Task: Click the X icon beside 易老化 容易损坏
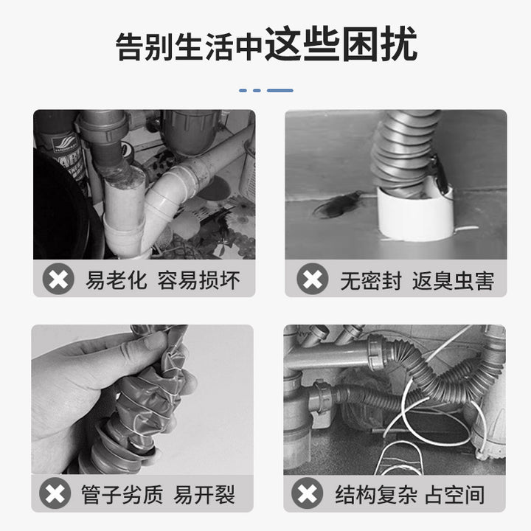coord(58,279)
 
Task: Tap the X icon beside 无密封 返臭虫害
coord(312,279)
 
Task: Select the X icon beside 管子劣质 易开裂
coord(55,493)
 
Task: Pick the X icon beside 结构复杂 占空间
coord(307,493)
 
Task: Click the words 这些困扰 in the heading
coord(341,44)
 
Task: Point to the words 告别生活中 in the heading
coord(190,46)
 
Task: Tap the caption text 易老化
coord(117,280)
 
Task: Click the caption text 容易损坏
coord(199,280)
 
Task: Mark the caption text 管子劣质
coord(122,494)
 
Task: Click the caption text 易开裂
coord(204,494)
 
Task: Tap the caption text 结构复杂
coord(376,494)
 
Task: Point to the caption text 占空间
coord(454,494)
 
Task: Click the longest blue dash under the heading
coord(280,91)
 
